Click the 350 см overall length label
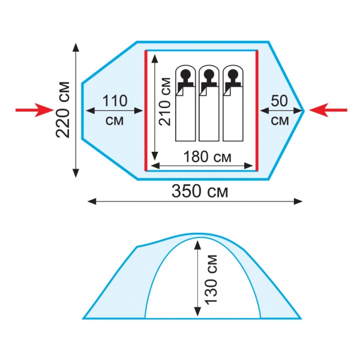[200, 191]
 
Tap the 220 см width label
[62, 110]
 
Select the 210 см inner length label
[165, 101]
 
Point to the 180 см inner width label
[208, 157]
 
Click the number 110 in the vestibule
[115, 101]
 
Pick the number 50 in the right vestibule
[279, 101]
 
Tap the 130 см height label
[211, 280]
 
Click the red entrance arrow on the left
[34, 110]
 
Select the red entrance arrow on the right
[328, 110]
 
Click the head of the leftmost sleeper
[185, 74]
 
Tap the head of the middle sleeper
[209, 74]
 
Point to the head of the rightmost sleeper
[233, 74]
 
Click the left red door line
[146, 110]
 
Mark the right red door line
[257, 110]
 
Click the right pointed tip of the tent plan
[304, 111]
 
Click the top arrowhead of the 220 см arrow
[76, 47]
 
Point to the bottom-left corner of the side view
[83, 319]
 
